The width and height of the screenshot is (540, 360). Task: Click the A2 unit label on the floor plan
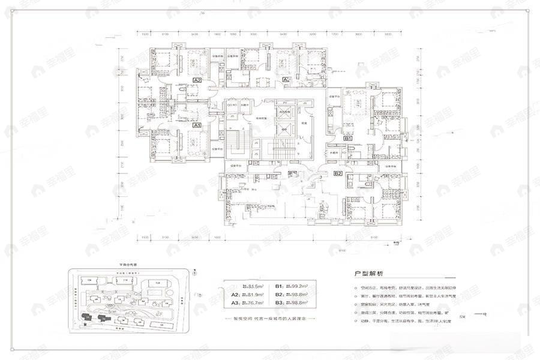(x=197, y=79)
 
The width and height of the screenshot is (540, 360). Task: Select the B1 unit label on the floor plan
(x=347, y=137)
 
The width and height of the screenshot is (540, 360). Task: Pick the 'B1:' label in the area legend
(x=280, y=286)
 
